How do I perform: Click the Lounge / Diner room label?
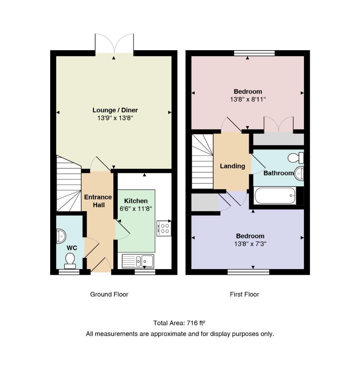coord(115,110)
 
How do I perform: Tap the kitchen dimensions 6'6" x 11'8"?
coord(136,209)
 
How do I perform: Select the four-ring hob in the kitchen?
coord(164,229)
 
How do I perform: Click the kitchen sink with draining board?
coord(138,261)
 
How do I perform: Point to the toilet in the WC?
coord(70,261)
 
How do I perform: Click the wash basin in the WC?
coord(61,236)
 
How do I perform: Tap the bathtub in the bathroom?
coord(275,195)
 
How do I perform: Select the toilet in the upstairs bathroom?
coord(296,157)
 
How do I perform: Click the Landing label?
coord(233,166)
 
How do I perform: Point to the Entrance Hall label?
coord(98,201)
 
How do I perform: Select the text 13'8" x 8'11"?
coord(248,100)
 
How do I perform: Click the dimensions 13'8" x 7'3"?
coord(250,244)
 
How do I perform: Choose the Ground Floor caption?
coord(109,295)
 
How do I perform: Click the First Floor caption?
coord(244,295)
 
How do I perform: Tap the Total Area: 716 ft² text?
coord(179,323)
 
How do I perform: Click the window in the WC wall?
coord(69,272)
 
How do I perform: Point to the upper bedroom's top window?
coord(254,53)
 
